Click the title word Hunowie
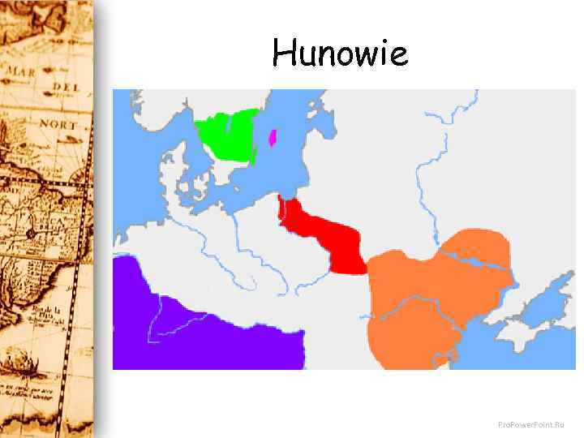(x=340, y=54)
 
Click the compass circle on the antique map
(x=31, y=234)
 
